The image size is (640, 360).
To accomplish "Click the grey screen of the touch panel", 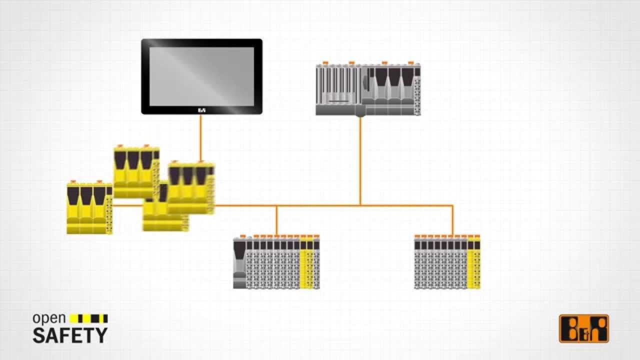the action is pos(201,76).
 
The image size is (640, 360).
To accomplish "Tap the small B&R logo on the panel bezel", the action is pos(201,110).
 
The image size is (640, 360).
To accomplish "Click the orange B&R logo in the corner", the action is pos(584,328).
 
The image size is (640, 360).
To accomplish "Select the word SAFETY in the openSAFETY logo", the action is pos(70,335).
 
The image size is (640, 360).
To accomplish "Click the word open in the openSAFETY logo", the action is pos(49,318).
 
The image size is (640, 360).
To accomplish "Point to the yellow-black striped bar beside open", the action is pos(89,318).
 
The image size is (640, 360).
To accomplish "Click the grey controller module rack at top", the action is pos(368,89).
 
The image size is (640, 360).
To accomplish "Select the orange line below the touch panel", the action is pos(201,138).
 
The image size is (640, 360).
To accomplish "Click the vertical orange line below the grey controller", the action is pos(360,160).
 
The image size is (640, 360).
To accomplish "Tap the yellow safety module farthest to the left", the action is pos(89,208).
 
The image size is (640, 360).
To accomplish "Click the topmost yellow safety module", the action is pos(136,171).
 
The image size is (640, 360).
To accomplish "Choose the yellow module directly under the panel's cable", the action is pos(191,187).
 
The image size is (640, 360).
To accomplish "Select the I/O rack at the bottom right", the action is pos(447,262).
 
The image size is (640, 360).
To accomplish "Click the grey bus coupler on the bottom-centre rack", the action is pos(239,262).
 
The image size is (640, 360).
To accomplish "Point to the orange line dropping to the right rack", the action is pos(452,219).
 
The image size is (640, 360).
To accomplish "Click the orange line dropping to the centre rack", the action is pos(276,220).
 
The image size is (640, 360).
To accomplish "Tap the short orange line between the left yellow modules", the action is pos(127,205).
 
